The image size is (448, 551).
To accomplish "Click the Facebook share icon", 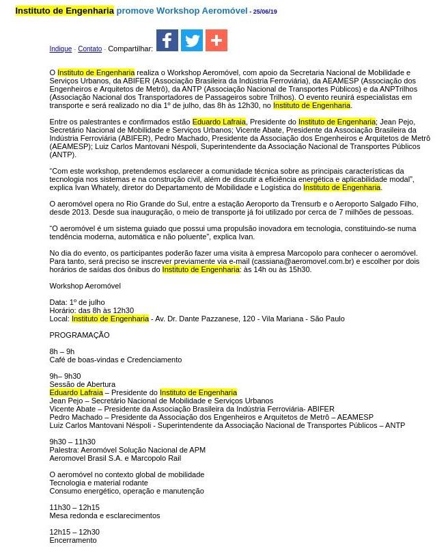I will pos(167,40).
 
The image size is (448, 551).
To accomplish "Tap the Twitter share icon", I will pos(192,40).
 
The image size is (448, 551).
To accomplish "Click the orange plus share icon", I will pos(216,40).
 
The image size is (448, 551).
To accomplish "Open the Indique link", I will pos(60,49).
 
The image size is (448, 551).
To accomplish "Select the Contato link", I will pos(89,49).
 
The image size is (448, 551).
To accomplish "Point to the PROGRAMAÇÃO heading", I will pos(79,335).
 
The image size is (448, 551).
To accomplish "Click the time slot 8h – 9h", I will pos(62,351).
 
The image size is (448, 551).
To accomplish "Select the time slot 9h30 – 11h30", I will pos(72,442).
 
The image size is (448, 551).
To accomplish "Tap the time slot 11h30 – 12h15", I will pos(74,507).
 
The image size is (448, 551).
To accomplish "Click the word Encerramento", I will pos(73,540).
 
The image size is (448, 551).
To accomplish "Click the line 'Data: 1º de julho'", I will pos(77,302).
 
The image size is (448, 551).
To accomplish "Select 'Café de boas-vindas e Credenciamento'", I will pos(115,360).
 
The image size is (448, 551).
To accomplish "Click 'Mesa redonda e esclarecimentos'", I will pos(104,515).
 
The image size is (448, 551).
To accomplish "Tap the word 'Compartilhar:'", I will pos(130,49).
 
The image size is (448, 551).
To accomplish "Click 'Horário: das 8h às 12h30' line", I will pos(92,310).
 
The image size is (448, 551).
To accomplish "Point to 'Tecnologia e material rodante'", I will pos(98,483).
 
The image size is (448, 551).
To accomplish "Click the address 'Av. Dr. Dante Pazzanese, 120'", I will pos(203,319).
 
